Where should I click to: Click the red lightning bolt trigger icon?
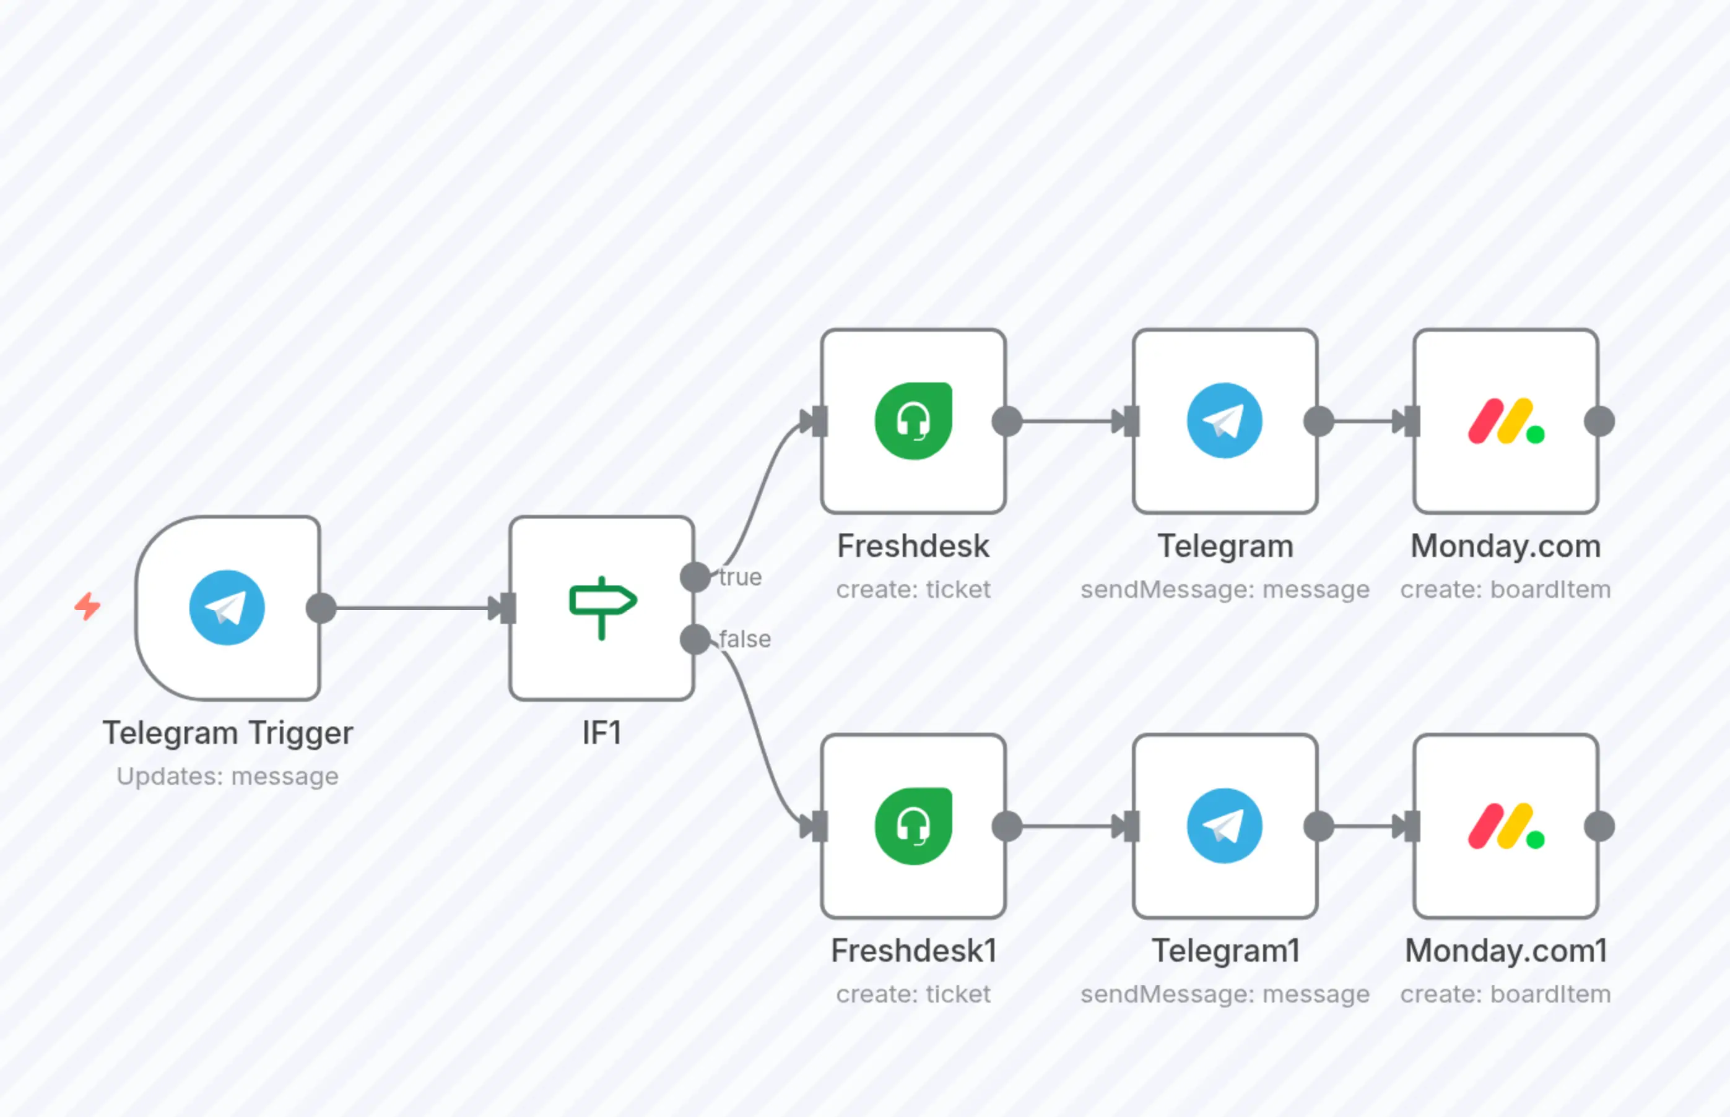coord(88,606)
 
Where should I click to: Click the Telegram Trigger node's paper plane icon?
coord(227,608)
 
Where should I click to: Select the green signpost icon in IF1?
coord(602,608)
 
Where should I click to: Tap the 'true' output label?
coord(740,577)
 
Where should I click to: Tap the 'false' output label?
coord(744,639)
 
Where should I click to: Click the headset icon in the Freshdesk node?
coord(913,421)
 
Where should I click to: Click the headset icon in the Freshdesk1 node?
coord(913,826)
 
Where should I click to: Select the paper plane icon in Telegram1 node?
coord(1225,826)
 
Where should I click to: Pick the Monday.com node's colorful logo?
coord(1506,421)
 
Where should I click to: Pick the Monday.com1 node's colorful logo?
coord(1506,826)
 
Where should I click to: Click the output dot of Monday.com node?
coord(1599,421)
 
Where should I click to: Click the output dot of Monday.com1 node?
coord(1599,826)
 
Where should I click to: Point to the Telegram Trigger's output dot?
coord(321,608)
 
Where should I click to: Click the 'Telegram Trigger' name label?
coord(227,733)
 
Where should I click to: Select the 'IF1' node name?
coord(602,733)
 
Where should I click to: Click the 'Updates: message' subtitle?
coord(227,776)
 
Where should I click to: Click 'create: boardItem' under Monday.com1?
coord(1506,994)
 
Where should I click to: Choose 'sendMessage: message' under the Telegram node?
coord(1225,589)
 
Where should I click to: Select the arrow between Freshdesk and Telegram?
coord(1067,421)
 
